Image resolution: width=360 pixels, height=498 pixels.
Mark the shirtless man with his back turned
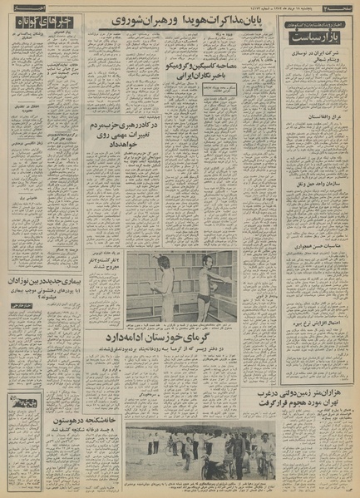(164, 291)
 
